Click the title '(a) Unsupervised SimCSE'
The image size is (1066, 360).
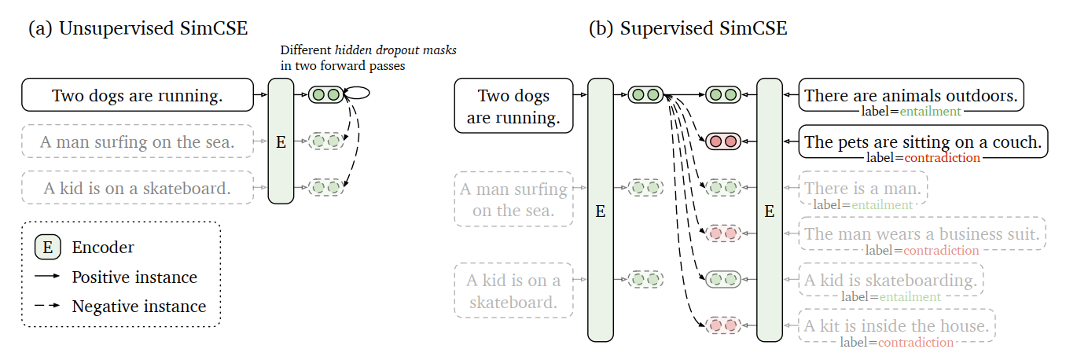tap(138, 28)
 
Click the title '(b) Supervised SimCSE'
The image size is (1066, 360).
tap(688, 28)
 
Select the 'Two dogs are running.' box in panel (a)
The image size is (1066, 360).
tap(138, 95)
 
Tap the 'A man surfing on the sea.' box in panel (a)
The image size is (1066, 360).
tap(138, 141)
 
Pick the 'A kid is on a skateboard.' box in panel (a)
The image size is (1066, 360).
tap(138, 188)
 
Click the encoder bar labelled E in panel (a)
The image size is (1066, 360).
tap(281, 141)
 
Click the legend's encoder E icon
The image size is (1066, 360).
tap(48, 248)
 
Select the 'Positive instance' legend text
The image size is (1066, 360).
tap(134, 277)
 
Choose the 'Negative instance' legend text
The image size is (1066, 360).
tap(139, 307)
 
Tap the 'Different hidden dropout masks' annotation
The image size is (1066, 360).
tap(369, 50)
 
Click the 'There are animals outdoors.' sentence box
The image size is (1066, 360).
tap(911, 95)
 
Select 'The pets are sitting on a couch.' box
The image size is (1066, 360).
tap(923, 141)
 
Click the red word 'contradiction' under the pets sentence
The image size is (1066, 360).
tap(943, 158)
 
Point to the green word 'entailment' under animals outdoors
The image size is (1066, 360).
tap(930, 112)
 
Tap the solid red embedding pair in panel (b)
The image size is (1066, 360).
tap(723, 141)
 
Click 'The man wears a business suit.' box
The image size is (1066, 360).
tap(922, 233)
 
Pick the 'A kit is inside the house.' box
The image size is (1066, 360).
tap(896, 325)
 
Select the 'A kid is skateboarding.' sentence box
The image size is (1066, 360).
tap(891, 280)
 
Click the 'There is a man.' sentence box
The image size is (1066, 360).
tap(863, 188)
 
